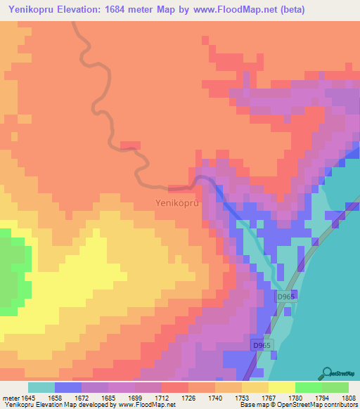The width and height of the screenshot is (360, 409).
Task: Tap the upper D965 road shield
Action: click(283, 297)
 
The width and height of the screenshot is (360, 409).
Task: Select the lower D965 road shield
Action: click(262, 346)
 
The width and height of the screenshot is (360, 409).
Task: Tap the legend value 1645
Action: click(25, 397)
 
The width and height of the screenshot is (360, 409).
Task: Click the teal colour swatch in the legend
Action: click(41, 387)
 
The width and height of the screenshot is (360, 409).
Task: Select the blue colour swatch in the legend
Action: click(67, 387)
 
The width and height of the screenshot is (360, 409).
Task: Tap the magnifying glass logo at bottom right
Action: click(326, 372)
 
